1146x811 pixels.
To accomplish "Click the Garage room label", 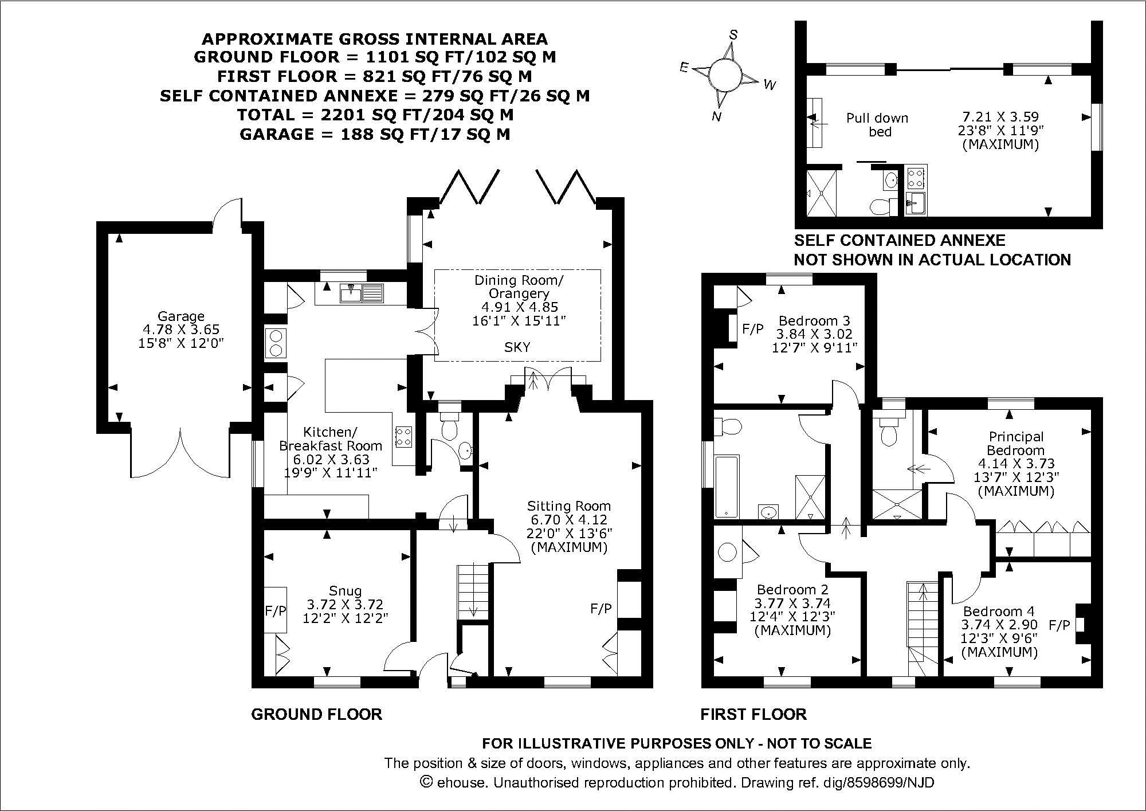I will [x=181, y=316].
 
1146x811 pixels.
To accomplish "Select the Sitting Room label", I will [x=568, y=506].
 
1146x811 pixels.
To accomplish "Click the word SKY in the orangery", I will [x=517, y=347].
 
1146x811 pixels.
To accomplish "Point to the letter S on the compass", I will [x=732, y=34].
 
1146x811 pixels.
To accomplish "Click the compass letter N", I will [x=716, y=117].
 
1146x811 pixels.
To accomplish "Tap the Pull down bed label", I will [x=877, y=125].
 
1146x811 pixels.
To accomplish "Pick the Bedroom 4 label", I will [x=999, y=612].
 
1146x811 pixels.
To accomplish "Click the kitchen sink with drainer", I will [x=362, y=293].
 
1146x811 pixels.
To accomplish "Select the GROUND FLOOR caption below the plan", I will [x=316, y=714].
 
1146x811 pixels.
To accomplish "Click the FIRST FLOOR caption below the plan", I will [x=753, y=714].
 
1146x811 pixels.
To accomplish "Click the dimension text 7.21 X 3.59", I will [x=1000, y=117].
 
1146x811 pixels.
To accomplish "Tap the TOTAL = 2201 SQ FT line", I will [x=375, y=115].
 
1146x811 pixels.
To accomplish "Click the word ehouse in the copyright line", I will [x=461, y=782].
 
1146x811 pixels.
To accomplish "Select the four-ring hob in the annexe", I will [x=915, y=177].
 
